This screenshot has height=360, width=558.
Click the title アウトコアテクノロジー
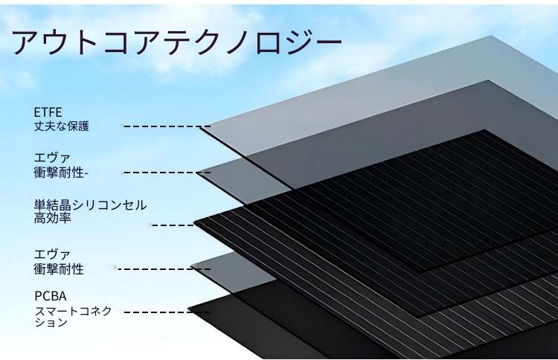coord(177,42)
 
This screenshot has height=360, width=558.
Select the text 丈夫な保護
coord(62,126)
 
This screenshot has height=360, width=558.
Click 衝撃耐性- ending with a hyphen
coord(62,172)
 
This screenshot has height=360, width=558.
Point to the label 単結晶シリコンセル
coord(90,205)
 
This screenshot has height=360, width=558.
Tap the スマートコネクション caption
coord(73,317)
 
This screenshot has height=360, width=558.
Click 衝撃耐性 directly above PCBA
coord(59,269)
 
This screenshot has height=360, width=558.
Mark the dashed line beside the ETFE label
coord(162,126)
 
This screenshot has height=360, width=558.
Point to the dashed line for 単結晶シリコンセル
coord(173,224)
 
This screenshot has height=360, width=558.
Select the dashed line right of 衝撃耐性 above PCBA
coord(153,269)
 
